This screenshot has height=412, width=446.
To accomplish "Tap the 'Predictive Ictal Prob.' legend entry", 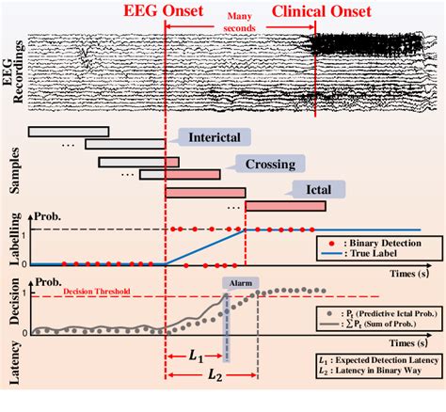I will click(374, 312).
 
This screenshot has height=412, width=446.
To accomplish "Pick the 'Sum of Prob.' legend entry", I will click(374, 326).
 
